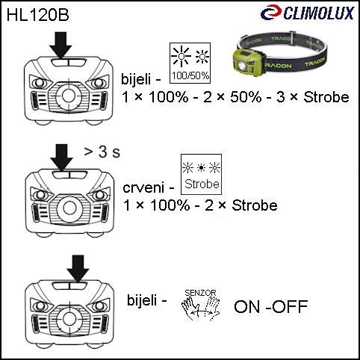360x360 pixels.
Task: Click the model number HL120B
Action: tap(37, 15)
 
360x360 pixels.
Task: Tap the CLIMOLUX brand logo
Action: tap(307, 13)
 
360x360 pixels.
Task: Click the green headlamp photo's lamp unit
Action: tap(247, 62)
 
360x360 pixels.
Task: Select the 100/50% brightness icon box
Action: tap(190, 63)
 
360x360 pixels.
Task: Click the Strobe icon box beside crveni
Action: tap(201, 174)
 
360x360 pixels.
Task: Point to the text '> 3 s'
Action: tap(102, 152)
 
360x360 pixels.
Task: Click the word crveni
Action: tap(143, 188)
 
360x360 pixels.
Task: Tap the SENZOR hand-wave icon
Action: tap(201, 305)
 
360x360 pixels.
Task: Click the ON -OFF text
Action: tap(271, 306)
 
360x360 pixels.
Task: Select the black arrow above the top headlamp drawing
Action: tap(60, 45)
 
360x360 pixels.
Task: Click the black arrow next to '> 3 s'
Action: tap(61, 158)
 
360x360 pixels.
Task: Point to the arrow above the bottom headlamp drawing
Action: tap(78, 269)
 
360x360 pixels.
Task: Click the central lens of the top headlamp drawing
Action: tap(69, 96)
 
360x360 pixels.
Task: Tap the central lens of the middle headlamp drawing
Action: tap(69, 208)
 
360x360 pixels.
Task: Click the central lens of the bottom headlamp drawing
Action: tap(69, 318)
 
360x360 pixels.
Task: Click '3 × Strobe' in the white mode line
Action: tap(313, 97)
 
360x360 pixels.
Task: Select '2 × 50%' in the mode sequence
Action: tap(232, 97)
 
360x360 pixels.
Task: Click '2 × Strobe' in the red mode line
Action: tap(241, 205)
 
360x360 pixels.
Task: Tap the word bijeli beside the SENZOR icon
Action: tap(142, 300)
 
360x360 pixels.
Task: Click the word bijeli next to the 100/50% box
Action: tap(136, 79)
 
